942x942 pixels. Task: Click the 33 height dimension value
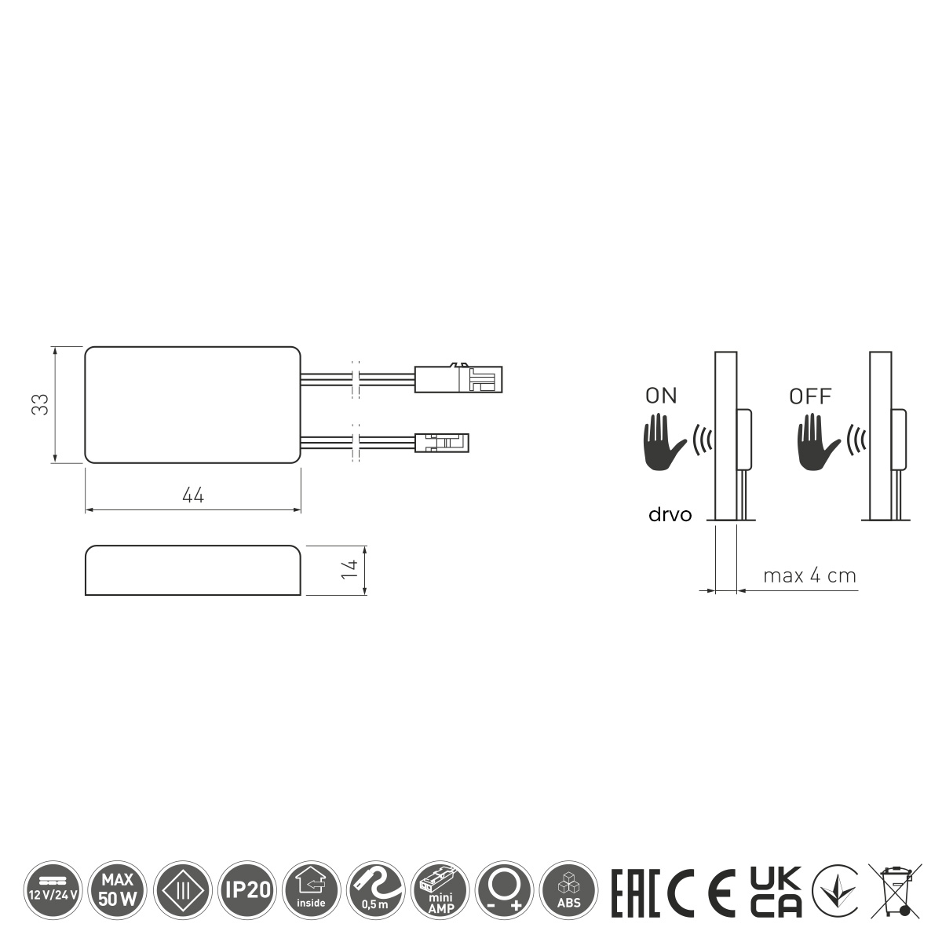pos(41,404)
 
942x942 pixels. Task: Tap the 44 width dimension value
pos(193,495)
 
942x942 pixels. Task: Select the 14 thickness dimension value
pos(349,569)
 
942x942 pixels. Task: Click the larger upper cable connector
pos(458,379)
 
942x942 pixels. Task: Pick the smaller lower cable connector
pos(442,443)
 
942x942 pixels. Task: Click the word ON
pos(661,396)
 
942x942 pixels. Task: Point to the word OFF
pos(810,396)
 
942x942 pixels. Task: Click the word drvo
pos(670,515)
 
